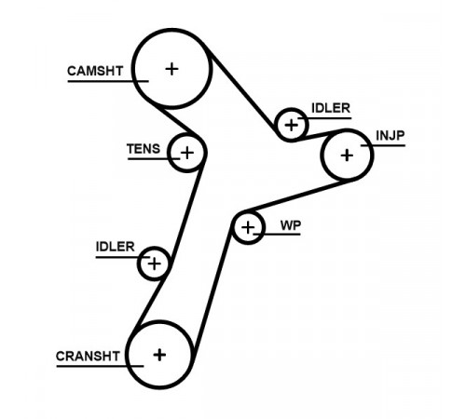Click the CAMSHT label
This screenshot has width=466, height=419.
[x=95, y=71]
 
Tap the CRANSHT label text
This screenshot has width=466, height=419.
[x=88, y=356]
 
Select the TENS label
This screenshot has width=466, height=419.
[x=144, y=149]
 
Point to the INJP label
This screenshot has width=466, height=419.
[x=391, y=136]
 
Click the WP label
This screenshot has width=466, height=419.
[x=291, y=225]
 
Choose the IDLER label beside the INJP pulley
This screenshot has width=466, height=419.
[x=331, y=108]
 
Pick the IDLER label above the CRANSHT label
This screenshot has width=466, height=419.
[x=115, y=247]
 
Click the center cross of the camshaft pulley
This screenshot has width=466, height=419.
[x=171, y=69]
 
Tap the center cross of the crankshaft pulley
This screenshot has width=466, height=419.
[x=159, y=355]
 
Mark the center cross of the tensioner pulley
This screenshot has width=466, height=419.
[x=187, y=153]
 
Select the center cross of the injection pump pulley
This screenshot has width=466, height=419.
[x=347, y=155]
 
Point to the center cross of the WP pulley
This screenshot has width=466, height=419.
[x=248, y=228]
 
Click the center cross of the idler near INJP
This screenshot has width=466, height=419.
[x=292, y=126]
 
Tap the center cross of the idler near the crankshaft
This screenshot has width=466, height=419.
[x=154, y=264]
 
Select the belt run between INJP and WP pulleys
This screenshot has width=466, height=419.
[x=298, y=196]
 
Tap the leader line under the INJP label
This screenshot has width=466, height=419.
[x=383, y=145]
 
